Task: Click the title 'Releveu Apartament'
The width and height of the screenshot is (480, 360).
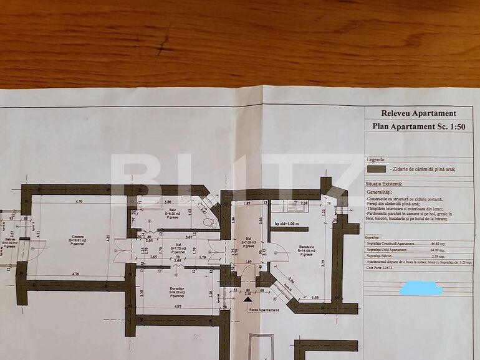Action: [419, 113]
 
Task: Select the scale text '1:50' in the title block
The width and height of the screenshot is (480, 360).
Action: [456, 126]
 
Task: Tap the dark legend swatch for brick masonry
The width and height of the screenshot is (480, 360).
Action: [376, 168]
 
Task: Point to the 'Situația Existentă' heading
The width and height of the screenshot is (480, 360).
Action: [384, 184]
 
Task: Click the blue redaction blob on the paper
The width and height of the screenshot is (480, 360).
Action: [421, 289]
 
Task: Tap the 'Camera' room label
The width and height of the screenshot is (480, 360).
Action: [78, 237]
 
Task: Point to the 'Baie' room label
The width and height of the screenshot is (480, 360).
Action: [173, 210]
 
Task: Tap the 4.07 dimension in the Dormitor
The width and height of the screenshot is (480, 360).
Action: [178, 306]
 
